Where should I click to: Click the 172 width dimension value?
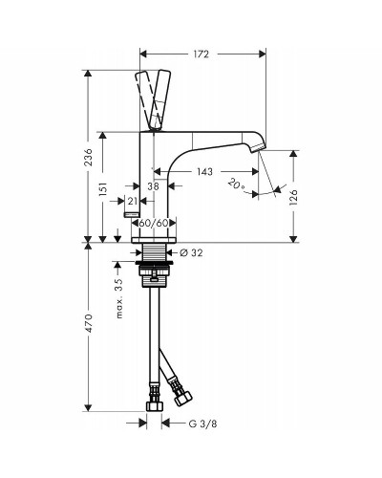201,54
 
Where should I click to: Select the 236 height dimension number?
89,157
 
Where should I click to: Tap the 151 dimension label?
103,190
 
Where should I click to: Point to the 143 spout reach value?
204,172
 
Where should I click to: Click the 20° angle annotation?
236,185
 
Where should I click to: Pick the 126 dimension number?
293,198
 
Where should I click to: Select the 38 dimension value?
153,185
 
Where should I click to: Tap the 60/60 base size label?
154,223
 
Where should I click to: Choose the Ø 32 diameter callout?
191,252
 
